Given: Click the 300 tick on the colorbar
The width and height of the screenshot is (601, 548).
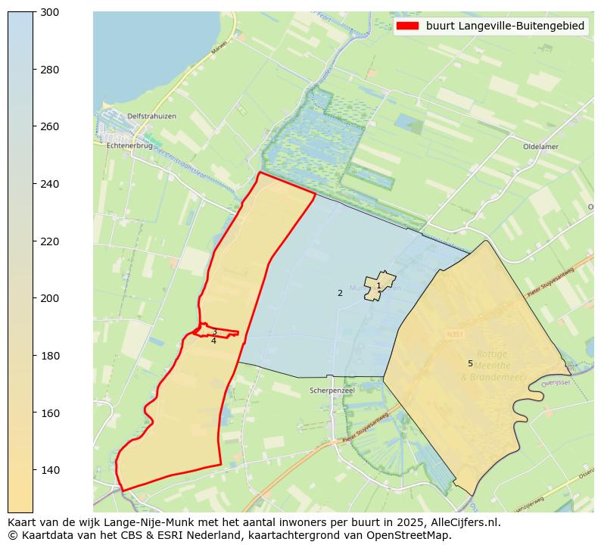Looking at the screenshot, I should tap(34, 12).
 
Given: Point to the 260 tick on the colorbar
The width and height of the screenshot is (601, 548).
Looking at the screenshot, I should tap(34, 126).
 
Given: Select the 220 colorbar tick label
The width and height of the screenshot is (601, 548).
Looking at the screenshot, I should tap(49, 241).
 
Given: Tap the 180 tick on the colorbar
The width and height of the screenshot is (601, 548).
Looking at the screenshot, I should tap(34, 356).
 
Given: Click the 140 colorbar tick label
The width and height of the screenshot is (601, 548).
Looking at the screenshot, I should tap(49, 470).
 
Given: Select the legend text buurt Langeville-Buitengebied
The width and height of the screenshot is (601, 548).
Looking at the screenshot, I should tap(505, 26).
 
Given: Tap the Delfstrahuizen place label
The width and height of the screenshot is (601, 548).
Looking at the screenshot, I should tap(151, 116).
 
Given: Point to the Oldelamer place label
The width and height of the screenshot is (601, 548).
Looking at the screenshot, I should tap(540, 147).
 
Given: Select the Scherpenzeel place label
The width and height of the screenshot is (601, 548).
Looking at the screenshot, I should tap(332, 391).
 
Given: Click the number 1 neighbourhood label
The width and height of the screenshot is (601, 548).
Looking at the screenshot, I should tap(379, 285).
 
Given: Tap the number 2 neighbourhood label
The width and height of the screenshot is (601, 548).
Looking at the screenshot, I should tap(340, 293).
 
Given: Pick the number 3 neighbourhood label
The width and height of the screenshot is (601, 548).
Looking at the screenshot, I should tap(214, 332).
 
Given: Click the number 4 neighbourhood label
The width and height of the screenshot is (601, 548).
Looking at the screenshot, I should tap(213, 341).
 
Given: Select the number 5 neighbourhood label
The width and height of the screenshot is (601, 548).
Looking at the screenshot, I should tap(470, 363).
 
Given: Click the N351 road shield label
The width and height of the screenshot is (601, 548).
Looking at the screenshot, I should tap(454, 333).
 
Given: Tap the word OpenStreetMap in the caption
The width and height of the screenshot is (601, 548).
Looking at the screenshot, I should tap(414, 535).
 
